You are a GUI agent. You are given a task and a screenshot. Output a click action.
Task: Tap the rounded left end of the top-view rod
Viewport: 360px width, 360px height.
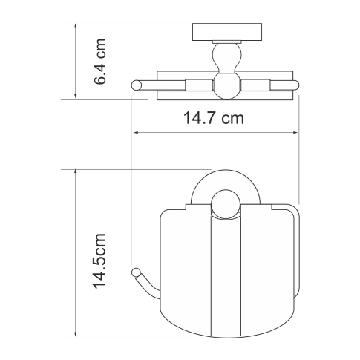point(135,85)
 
